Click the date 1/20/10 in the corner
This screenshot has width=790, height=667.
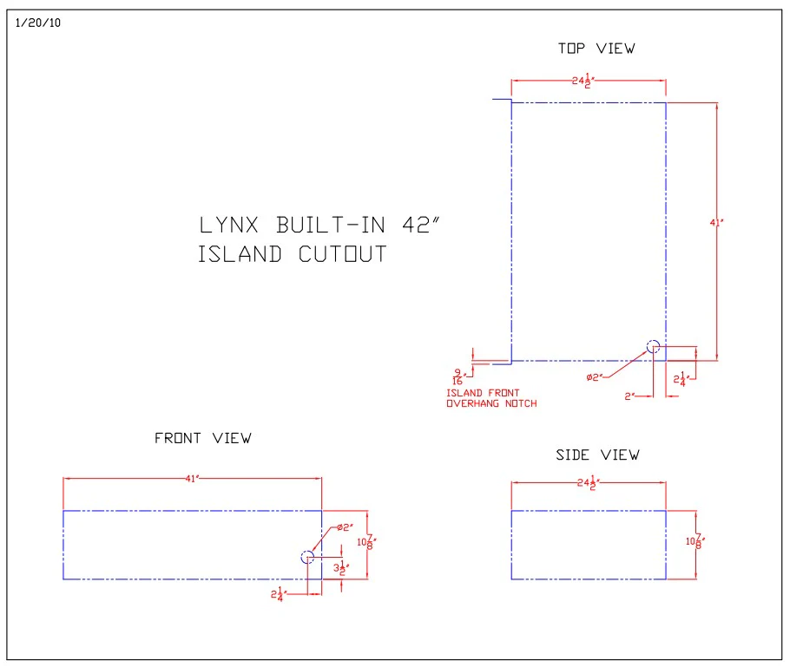(x=38, y=23)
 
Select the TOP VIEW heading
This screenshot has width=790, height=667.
(x=596, y=49)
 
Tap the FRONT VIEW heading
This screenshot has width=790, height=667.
(x=202, y=438)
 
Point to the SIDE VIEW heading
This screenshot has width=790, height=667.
(x=597, y=454)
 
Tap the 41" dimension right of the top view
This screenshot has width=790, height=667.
(x=716, y=223)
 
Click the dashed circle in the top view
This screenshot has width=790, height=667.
(x=653, y=347)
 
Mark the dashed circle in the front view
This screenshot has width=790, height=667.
(x=307, y=557)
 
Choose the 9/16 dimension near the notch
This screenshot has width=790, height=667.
(x=457, y=376)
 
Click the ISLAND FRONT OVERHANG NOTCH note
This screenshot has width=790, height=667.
(x=491, y=398)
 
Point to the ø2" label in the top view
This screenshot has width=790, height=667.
(x=595, y=377)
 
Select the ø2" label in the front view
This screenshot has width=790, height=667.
(x=345, y=527)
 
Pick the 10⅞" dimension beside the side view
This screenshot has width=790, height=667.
(x=694, y=542)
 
